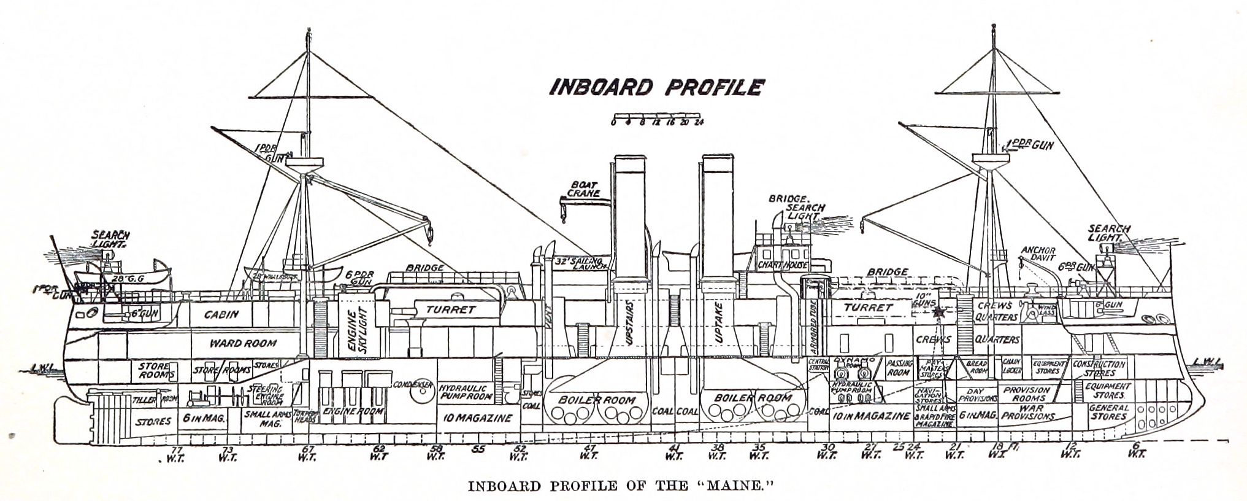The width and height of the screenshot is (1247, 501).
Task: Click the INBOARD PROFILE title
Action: pyautogui.click(x=655, y=87)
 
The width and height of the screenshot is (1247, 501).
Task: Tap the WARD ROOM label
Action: pyautogui.click(x=244, y=343)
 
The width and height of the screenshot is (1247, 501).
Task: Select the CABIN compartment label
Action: pyautogui.click(x=221, y=314)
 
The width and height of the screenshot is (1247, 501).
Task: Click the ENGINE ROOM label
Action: pyautogui.click(x=354, y=411)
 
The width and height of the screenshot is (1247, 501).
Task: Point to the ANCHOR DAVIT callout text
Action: pyautogui.click(x=1038, y=254)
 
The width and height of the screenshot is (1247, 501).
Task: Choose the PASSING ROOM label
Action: pyautogui.click(x=899, y=368)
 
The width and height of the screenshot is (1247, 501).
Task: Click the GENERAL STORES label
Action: pyautogui.click(x=1109, y=412)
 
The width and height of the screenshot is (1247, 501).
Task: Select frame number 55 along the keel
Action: pyautogui.click(x=478, y=449)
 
